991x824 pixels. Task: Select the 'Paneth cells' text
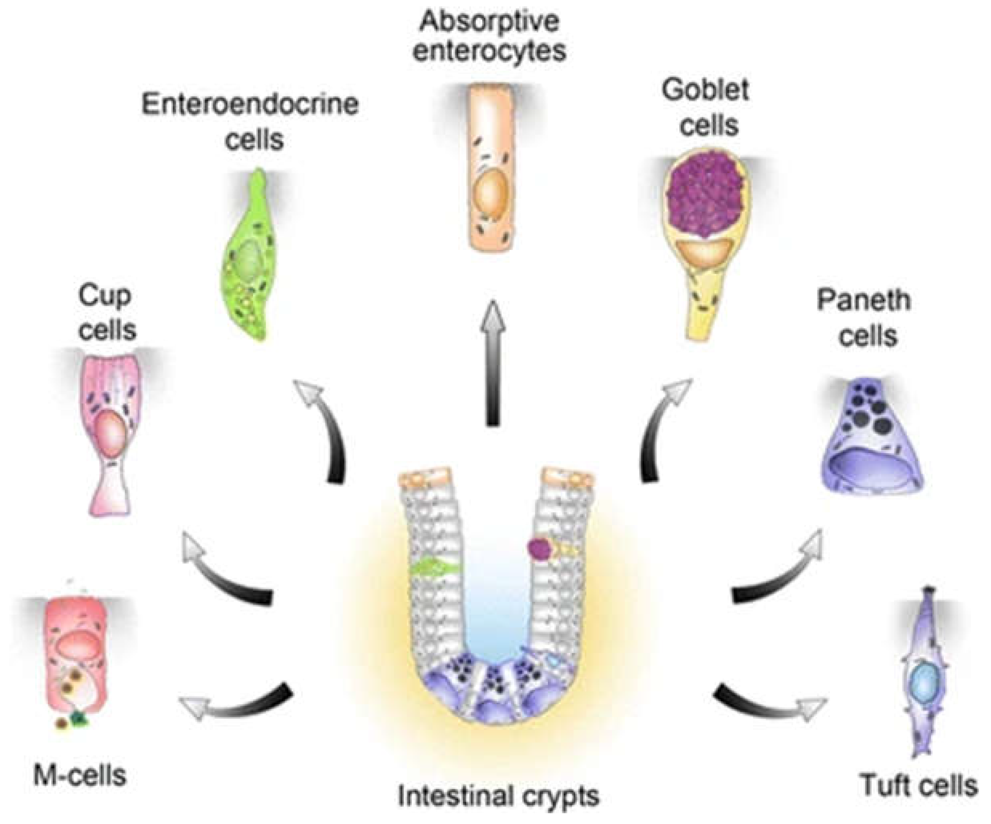(864, 318)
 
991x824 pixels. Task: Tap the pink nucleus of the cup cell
(111, 434)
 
